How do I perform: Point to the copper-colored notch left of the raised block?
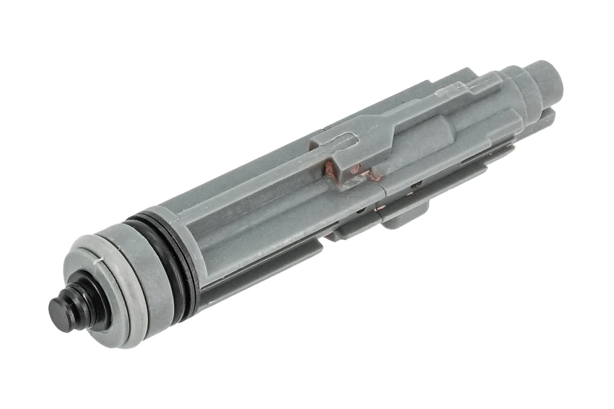(x=331, y=168)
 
